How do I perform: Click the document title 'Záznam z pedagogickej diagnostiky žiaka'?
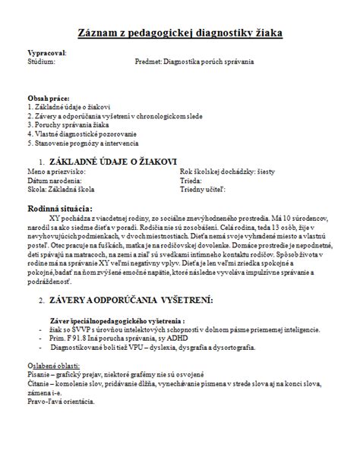180,33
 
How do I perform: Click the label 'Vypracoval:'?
47,52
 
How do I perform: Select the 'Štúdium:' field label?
41,61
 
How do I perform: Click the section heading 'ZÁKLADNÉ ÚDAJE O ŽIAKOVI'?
112,162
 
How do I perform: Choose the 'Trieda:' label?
191,181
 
